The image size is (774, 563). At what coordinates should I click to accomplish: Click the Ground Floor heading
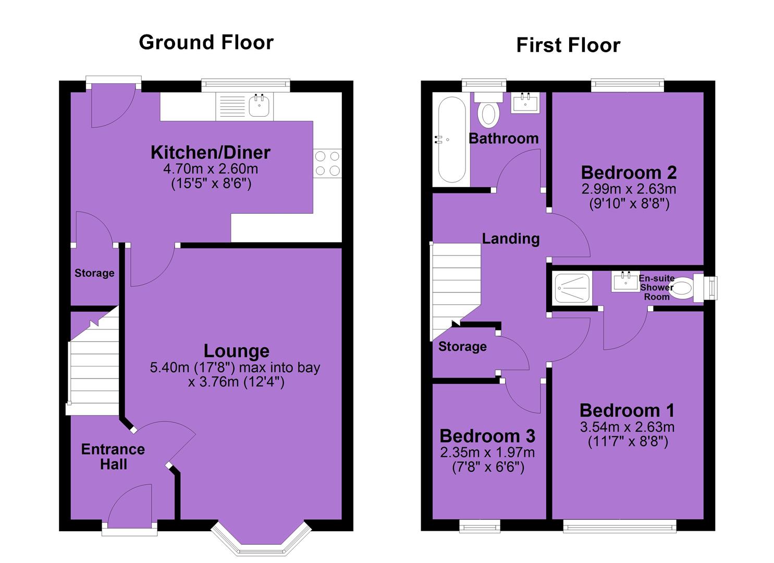coord(206,43)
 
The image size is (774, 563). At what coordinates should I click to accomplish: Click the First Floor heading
coord(568,45)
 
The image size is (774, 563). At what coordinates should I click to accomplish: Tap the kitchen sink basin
coord(260,106)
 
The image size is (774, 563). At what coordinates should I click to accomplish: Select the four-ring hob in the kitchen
coord(327,163)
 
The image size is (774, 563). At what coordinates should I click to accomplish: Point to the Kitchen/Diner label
coord(211,152)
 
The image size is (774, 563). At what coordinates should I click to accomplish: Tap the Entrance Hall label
coord(113,457)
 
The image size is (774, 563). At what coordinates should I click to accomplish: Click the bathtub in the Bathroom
coord(451,139)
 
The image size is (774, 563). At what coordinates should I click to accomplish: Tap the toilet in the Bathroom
coord(488,110)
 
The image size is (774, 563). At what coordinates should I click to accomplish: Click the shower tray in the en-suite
coord(572,288)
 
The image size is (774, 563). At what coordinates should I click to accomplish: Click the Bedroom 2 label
coord(629,173)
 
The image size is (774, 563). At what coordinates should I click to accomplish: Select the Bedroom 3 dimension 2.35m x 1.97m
coord(487,452)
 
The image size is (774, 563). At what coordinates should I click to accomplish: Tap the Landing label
coord(511,239)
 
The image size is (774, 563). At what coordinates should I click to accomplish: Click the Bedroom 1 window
coord(620,527)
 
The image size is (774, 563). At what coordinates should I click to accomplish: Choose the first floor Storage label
coord(462,346)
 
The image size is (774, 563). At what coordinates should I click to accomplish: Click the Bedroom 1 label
coord(627,411)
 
